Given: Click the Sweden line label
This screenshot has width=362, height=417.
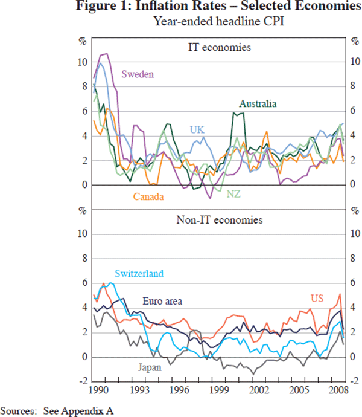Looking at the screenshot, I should [x=138, y=74].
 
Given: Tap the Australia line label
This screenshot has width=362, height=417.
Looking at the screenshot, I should [x=258, y=104].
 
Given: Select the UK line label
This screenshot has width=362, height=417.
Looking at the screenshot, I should [x=197, y=129].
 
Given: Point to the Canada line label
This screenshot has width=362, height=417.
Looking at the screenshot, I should [x=150, y=196].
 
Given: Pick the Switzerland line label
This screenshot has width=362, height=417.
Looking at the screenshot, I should [x=138, y=274].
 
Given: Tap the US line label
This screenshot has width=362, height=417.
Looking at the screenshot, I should [x=317, y=298].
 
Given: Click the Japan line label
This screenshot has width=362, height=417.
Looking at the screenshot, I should [x=150, y=366].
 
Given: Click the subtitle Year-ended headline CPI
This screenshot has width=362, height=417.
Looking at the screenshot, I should [x=217, y=22].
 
